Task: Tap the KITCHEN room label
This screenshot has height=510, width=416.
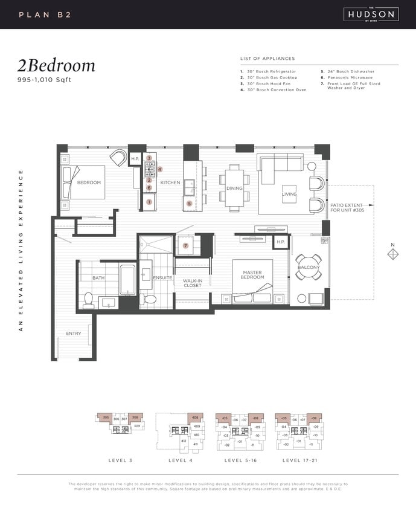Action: point(170,182)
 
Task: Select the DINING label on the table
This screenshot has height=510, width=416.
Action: point(234,188)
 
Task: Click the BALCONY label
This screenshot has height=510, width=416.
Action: point(309,267)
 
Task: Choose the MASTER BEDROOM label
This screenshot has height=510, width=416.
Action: point(252,275)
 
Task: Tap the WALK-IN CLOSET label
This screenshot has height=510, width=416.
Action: point(193,283)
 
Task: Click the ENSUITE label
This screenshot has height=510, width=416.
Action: point(162,278)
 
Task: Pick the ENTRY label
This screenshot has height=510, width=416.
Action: point(74,334)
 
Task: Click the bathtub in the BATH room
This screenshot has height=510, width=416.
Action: point(127,280)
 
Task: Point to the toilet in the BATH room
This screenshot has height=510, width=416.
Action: point(88,300)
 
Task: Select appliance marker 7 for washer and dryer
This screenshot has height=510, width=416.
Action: point(186,245)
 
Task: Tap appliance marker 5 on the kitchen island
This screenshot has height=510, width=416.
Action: point(189,204)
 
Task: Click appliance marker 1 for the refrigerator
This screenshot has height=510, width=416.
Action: point(149,201)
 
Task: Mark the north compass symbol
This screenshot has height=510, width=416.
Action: point(392,254)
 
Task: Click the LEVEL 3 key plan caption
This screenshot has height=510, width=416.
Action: point(120,460)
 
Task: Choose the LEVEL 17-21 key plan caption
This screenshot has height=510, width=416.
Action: point(299,460)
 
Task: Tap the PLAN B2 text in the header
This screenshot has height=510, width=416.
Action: point(45,14)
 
